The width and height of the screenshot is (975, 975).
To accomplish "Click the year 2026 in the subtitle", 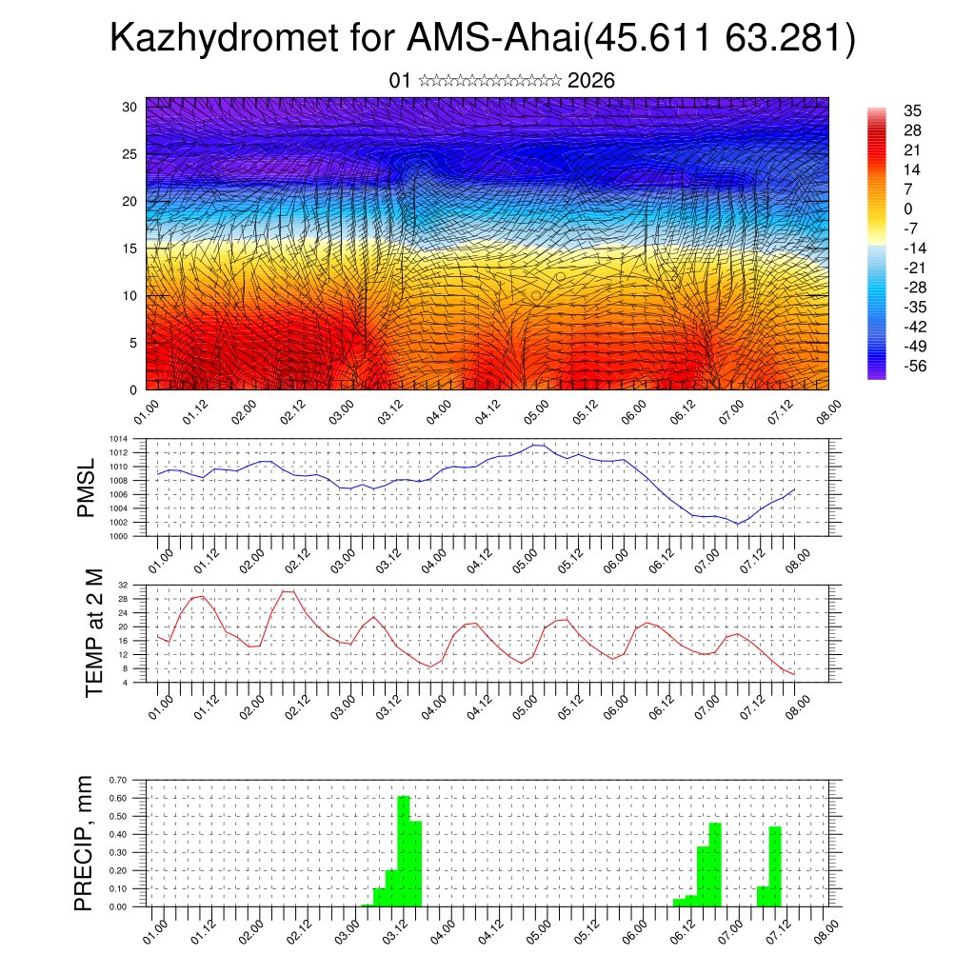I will point(590,81).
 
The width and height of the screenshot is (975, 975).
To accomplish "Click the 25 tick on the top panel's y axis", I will point(130,154).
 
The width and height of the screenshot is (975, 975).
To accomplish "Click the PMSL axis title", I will point(86,487).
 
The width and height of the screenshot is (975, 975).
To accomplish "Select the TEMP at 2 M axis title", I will point(93,633).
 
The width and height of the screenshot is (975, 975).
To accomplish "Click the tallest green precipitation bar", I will point(404,850).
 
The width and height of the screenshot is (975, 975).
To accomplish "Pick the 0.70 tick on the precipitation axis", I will point(117,780).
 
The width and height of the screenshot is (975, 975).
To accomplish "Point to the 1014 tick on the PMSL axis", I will point(118,439).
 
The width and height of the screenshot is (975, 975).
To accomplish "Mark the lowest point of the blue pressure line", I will point(737,524).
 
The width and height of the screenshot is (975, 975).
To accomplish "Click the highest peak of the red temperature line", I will point(288,591).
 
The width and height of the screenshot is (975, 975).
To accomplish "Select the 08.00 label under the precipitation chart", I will point(826,930).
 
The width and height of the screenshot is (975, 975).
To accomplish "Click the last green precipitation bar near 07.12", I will point(775,866).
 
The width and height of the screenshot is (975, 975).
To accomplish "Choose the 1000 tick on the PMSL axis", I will point(118,536).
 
